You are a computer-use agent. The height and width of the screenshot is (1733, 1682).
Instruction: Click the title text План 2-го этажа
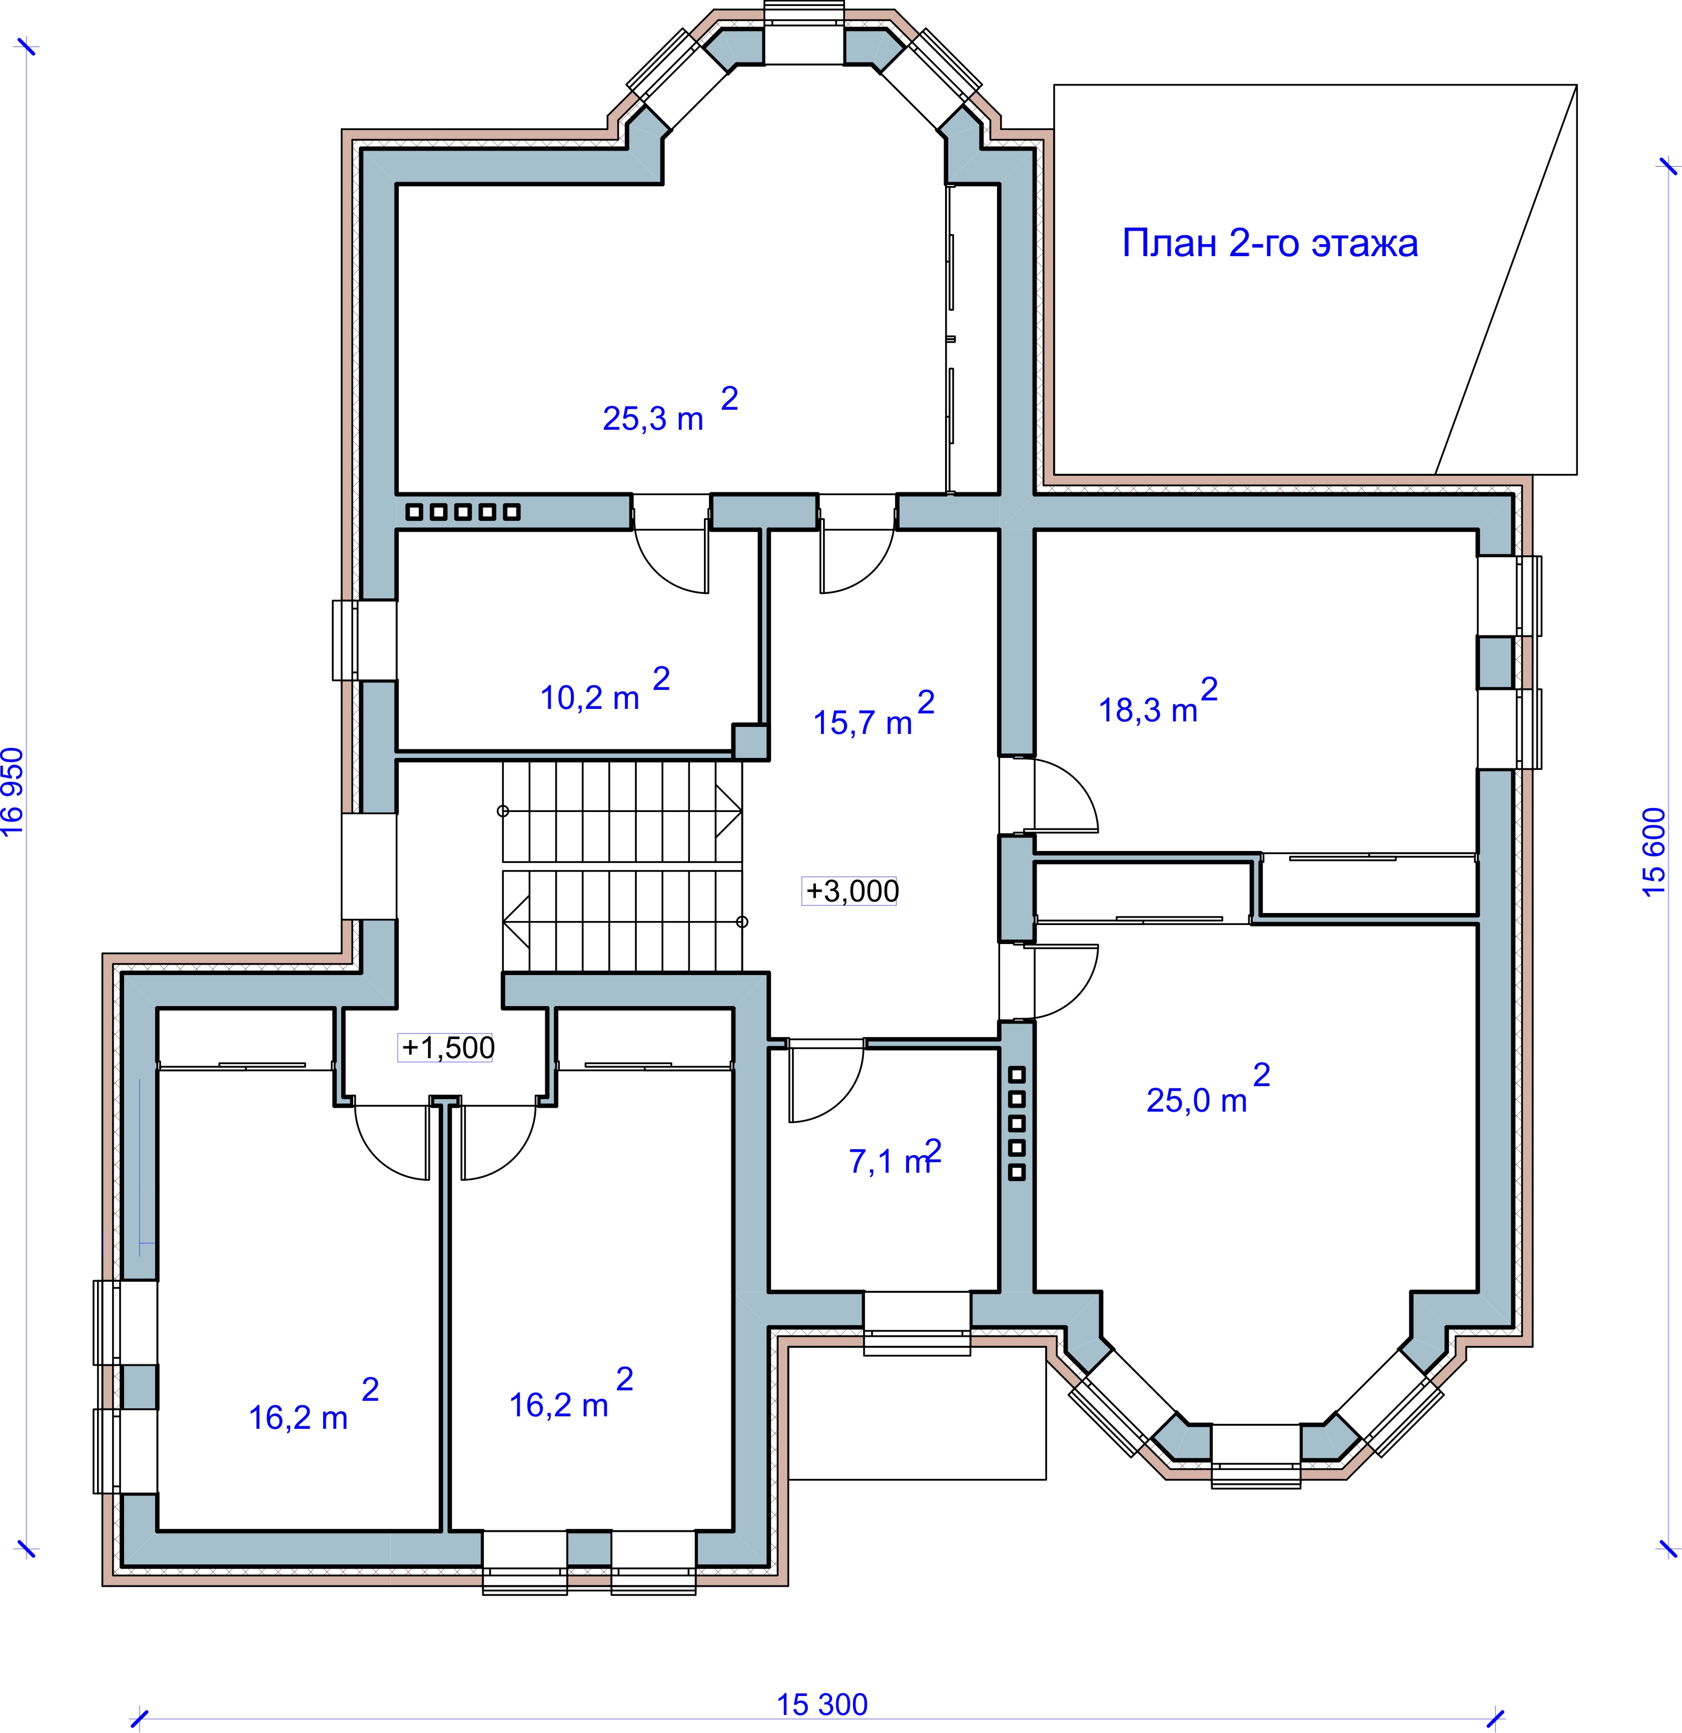coord(1270,243)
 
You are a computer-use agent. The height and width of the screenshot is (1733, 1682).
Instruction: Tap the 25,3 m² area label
coord(670,409)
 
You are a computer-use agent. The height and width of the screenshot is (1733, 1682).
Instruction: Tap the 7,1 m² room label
coord(895,1157)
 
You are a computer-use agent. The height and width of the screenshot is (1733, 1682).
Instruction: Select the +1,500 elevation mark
coord(447,1048)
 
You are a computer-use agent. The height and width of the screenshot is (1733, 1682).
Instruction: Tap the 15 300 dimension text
coord(822,1704)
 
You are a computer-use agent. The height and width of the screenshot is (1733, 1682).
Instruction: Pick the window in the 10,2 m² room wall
coord(364,640)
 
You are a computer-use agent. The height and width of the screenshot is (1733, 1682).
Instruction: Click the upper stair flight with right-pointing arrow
coord(622,811)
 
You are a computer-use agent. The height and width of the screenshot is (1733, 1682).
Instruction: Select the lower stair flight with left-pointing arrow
coord(622,922)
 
